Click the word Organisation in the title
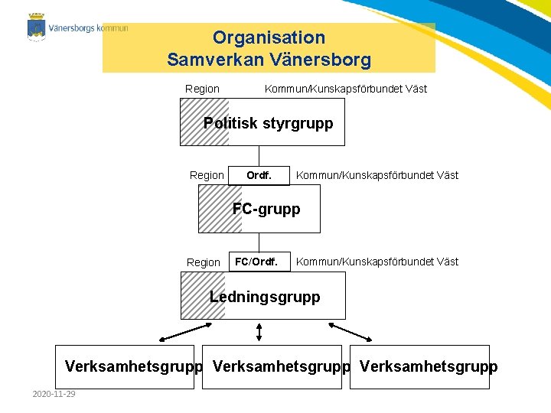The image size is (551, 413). pyautogui.click(x=269, y=37)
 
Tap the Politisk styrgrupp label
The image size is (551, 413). pyautogui.click(x=269, y=123)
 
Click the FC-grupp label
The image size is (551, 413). pyautogui.click(x=266, y=209)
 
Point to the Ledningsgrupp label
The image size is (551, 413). pyautogui.click(x=265, y=297)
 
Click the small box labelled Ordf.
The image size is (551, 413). pyautogui.click(x=259, y=176)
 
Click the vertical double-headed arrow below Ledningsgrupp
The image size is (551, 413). pyautogui.click(x=259, y=331)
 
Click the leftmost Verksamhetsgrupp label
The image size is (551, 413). pyautogui.click(x=133, y=366)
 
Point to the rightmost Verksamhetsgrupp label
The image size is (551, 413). pyautogui.click(x=428, y=366)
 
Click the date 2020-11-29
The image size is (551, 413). pyautogui.click(x=54, y=394)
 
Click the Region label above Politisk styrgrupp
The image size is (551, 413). pyautogui.click(x=202, y=89)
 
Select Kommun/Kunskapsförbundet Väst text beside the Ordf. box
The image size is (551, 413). pyautogui.click(x=377, y=176)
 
